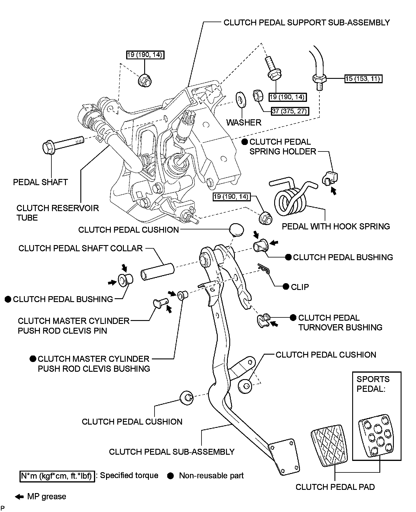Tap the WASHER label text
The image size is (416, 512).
[244, 122]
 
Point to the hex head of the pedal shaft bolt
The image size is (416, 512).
[49, 148]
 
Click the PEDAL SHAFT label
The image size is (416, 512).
[40, 182]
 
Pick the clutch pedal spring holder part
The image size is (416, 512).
[330, 178]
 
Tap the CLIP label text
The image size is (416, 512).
[300, 287]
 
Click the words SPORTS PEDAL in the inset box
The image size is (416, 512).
[373, 384]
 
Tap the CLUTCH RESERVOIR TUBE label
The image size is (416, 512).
[58, 213]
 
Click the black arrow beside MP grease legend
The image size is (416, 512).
[19, 497]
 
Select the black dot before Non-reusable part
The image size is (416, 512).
[170, 476]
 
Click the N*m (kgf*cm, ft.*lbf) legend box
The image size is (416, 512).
[57, 476]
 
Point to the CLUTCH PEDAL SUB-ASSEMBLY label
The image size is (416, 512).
[172, 452]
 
